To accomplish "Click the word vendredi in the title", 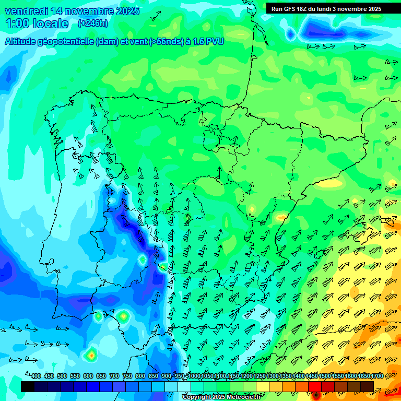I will click(x=25, y=11).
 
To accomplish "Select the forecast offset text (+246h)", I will click(x=92, y=23).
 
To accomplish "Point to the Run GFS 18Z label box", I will click(x=326, y=8).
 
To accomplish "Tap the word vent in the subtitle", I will click(x=137, y=41).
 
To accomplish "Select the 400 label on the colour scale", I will click(x=36, y=376).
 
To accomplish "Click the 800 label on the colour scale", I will click(x=140, y=376).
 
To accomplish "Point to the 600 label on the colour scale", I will click(x=88, y=376).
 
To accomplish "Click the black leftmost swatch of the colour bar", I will click(x=28, y=386).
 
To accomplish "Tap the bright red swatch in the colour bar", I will click(x=315, y=386).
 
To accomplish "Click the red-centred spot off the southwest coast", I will click(x=91, y=355).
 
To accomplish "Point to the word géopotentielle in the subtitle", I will click(x=67, y=41).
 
